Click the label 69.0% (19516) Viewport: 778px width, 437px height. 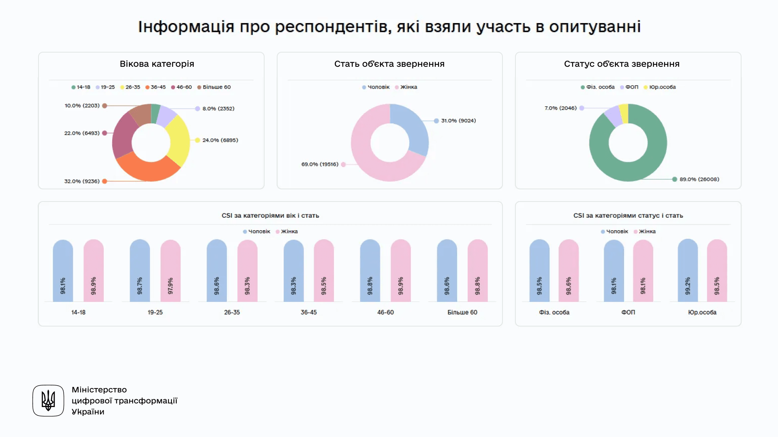[320, 164]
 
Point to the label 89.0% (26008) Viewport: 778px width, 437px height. [699, 179]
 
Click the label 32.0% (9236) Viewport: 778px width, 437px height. [82, 181]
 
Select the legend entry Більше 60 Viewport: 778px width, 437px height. [216, 87]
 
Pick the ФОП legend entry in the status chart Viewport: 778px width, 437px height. [631, 87]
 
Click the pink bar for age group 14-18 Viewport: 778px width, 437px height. [94, 270]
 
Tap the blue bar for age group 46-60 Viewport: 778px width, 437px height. [370, 270]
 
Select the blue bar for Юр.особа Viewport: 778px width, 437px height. [688, 270]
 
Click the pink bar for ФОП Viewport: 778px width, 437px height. [643, 270]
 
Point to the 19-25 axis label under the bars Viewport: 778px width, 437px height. [155, 312]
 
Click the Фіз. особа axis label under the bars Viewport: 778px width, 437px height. [554, 312]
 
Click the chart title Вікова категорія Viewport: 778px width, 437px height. [157, 64]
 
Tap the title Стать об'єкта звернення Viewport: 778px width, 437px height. [389, 64]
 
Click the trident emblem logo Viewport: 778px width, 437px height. [48, 401]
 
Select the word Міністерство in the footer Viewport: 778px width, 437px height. [99, 390]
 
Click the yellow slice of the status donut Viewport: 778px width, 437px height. [624, 114]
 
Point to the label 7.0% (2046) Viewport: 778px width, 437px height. [560, 108]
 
